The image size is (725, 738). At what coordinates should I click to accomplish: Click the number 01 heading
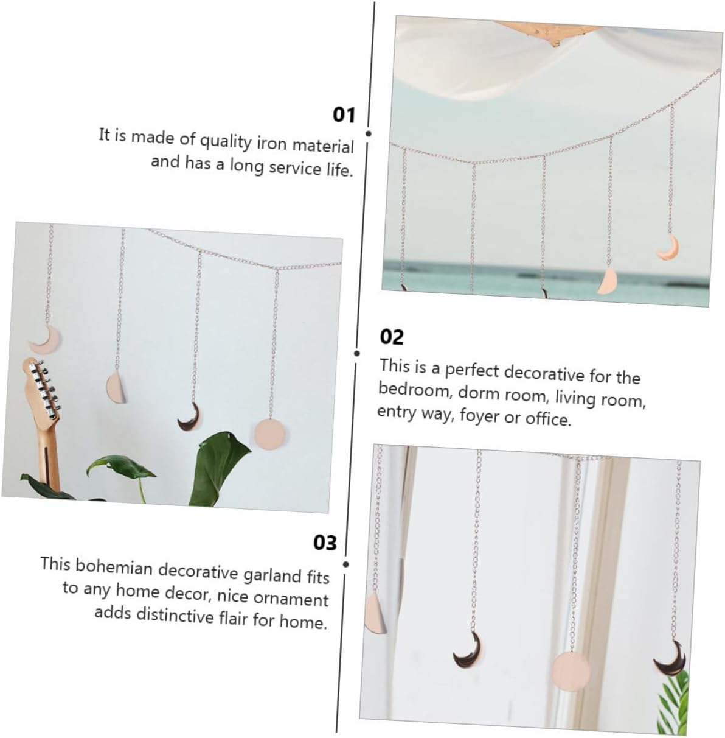pyautogui.click(x=344, y=114)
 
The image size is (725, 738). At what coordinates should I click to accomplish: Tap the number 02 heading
pyautogui.click(x=391, y=337)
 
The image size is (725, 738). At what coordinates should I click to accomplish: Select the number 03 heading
pyautogui.click(x=325, y=543)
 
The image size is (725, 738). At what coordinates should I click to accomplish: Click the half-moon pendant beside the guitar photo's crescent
pyautogui.click(x=116, y=387)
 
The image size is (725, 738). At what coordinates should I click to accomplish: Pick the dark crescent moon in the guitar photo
pyautogui.click(x=190, y=415)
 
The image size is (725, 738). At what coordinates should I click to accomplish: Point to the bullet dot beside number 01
pyautogui.click(x=369, y=134)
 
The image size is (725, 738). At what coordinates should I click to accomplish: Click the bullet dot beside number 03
pyautogui.click(x=345, y=564)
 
